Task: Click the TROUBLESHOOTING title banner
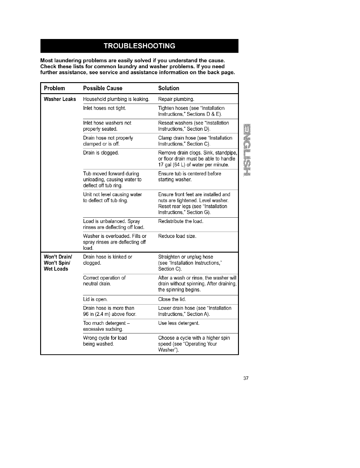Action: (139, 46)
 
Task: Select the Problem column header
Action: (54, 88)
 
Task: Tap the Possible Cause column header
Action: (103, 88)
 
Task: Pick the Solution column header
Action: (169, 88)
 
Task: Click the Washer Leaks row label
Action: (60, 99)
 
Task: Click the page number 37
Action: (246, 379)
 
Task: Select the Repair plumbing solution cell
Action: (176, 99)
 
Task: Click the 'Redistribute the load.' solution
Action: (181, 221)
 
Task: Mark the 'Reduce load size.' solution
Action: (177, 236)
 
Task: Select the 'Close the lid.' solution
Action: (172, 299)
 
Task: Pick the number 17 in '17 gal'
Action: (161, 165)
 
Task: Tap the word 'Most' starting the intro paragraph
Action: (47, 61)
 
